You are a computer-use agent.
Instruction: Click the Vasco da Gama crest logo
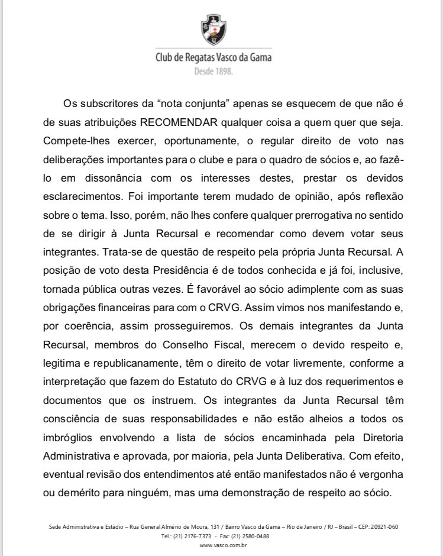pos(213,30)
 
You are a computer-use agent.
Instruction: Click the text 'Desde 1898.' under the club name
pos(214,71)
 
